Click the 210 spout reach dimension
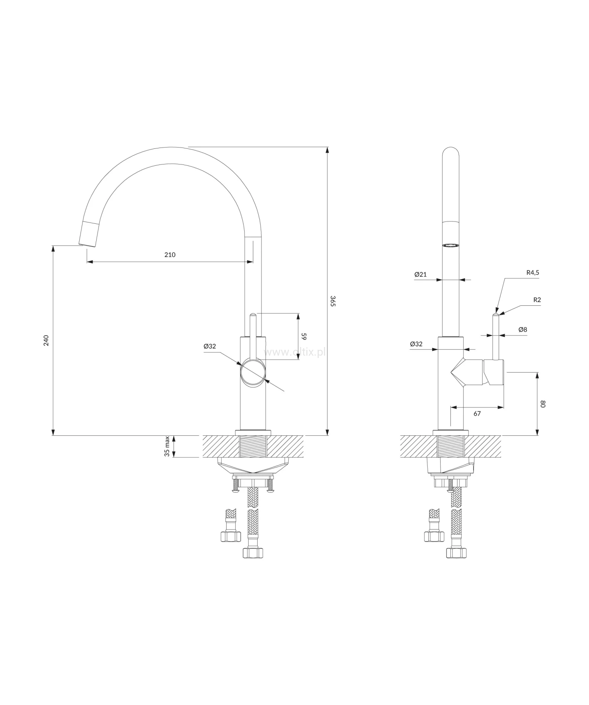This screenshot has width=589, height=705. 170,255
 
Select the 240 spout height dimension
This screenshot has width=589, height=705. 46,340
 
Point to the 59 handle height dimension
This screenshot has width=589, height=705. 304,336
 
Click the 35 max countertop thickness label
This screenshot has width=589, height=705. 167,447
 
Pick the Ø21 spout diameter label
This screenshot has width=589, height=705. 420,274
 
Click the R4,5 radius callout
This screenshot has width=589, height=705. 532,272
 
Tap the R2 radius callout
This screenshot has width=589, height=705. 537,300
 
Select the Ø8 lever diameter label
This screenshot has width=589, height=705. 523,329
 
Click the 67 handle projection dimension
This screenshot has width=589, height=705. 477,413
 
